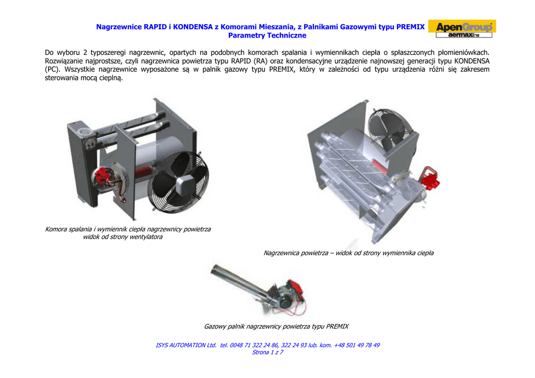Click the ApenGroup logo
click(x=462, y=29)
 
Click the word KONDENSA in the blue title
click(x=193, y=27)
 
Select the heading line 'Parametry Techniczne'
click(x=267, y=36)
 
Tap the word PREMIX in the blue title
click(x=411, y=27)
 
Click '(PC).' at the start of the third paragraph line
click(x=52, y=69)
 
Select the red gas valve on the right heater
click(x=431, y=178)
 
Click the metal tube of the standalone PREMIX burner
click(x=239, y=280)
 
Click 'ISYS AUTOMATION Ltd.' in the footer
click(x=186, y=345)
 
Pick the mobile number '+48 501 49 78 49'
click(x=356, y=345)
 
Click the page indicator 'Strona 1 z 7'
click(x=267, y=352)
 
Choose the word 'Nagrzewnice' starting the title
click(x=119, y=27)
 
